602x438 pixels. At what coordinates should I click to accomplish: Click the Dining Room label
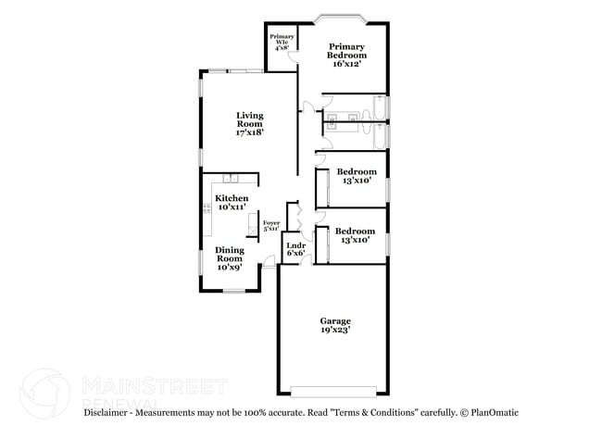[x=230, y=255]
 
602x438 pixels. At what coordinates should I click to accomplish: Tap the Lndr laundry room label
[x=295, y=247]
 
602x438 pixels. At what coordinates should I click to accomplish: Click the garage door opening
[x=333, y=388]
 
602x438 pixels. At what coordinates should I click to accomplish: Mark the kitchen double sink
[x=229, y=177]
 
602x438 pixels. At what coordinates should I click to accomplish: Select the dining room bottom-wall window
[x=232, y=291]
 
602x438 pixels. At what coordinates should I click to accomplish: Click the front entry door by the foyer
[x=269, y=266]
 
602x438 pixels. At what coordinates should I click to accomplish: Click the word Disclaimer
[x=108, y=411]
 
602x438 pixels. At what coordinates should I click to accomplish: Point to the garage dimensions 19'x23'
[x=334, y=330]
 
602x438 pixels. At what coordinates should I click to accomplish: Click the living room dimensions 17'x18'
[x=250, y=132]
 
